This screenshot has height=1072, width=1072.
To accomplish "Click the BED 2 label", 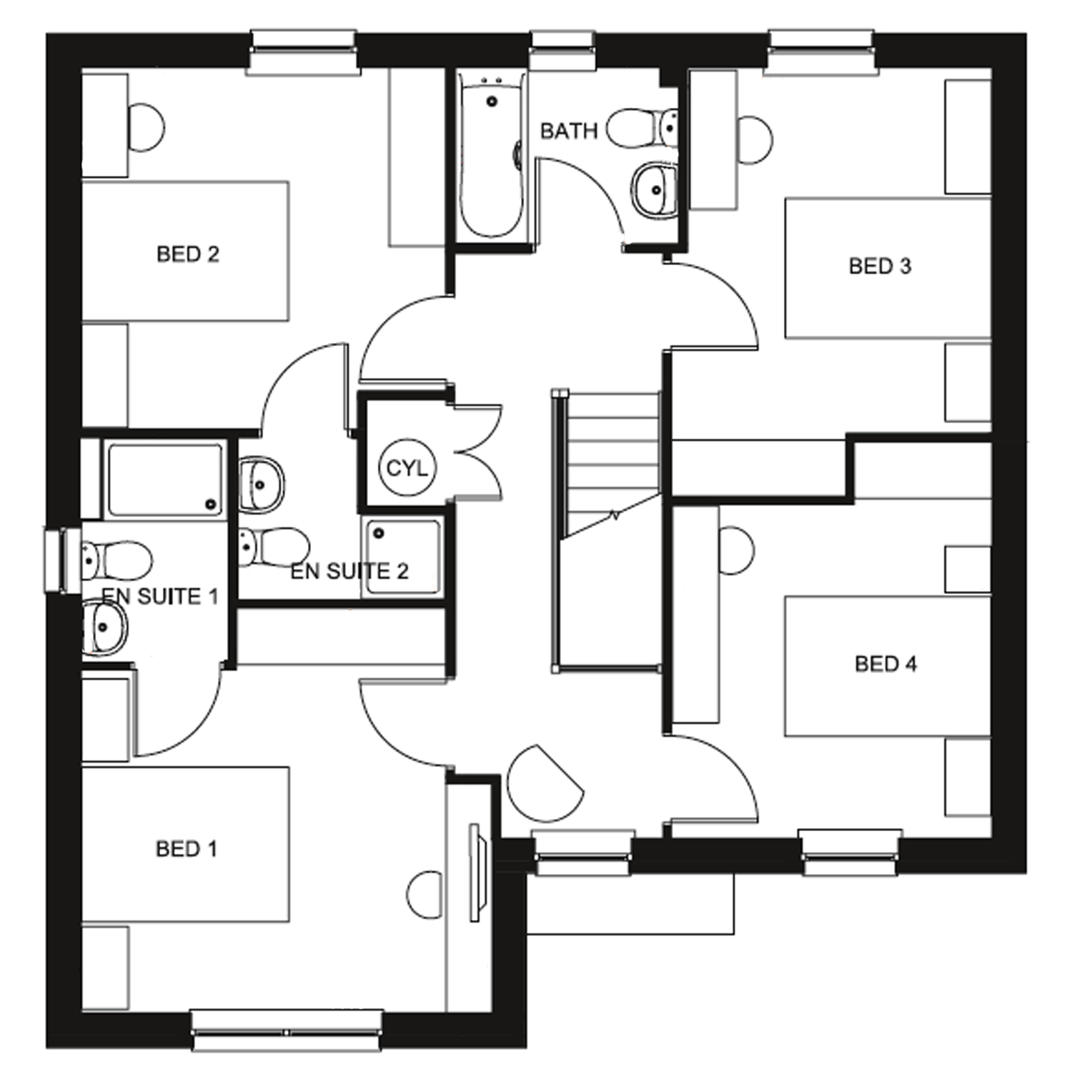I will (187, 254).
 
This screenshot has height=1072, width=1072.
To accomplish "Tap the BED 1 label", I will (186, 848).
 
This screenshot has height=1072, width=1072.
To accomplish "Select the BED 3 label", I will (880, 266).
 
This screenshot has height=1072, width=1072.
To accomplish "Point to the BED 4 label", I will (885, 664).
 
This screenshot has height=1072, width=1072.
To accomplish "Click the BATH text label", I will (568, 131).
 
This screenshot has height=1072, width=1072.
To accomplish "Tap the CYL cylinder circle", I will (407, 468).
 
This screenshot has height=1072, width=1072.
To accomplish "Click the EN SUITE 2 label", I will (349, 571).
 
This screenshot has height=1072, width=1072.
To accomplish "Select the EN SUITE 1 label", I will (159, 596).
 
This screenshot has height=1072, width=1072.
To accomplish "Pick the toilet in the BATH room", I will (643, 127).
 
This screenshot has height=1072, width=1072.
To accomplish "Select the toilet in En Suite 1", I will (117, 559).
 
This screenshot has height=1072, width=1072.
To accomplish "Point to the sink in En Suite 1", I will (104, 627).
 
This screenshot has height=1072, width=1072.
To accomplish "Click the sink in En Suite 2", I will (261, 484).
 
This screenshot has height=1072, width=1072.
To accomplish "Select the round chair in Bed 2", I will (146, 128).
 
